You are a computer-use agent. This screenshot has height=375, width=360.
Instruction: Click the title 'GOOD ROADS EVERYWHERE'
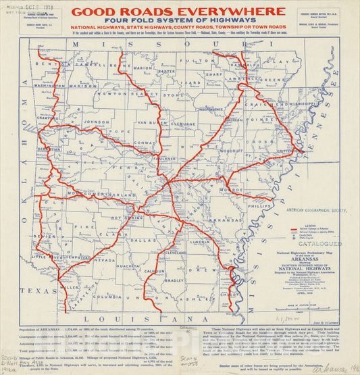(x=178, y=11)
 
